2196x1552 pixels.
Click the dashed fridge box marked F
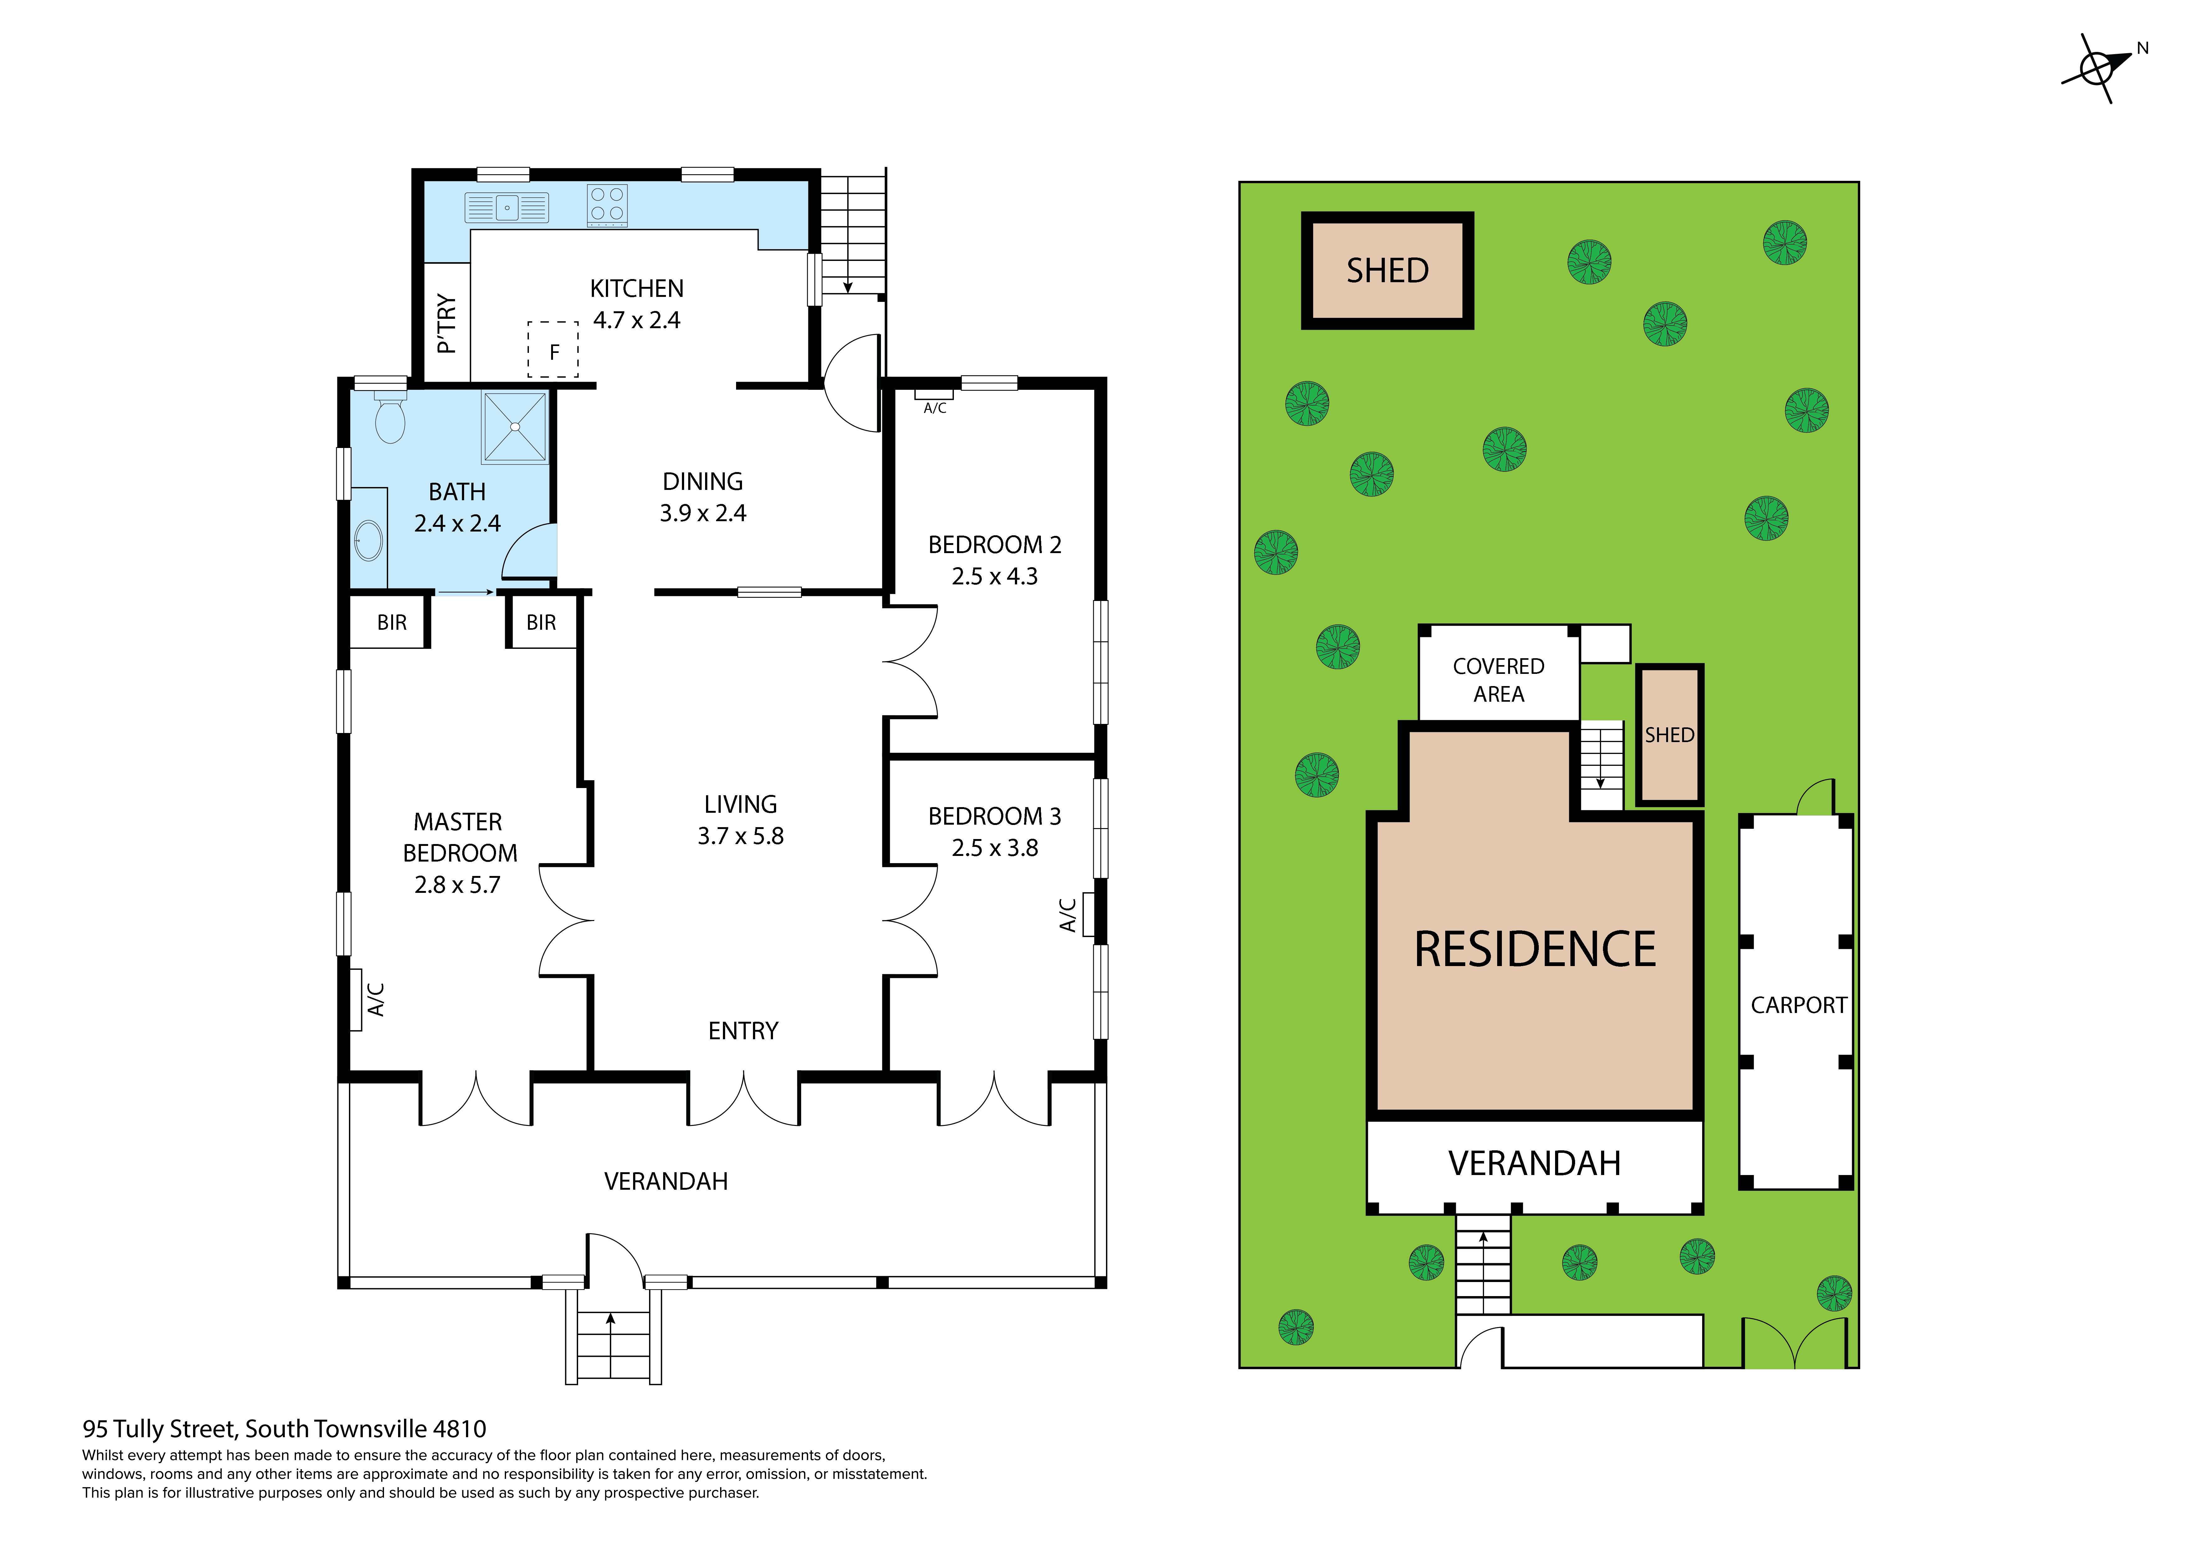553,350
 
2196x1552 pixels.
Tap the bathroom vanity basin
368,541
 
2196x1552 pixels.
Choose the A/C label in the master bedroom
376,999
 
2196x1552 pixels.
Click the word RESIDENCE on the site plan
1534,949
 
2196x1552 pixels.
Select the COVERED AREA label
1498,680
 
